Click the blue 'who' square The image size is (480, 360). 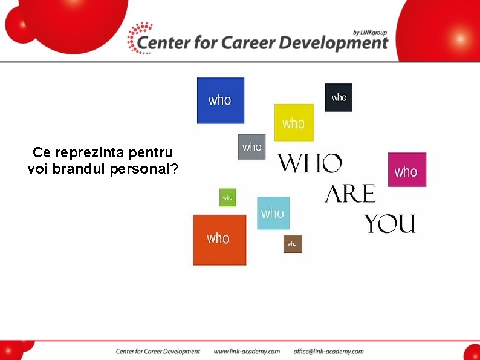(221, 100)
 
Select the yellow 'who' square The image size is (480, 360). (294, 123)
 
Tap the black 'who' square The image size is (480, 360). (339, 97)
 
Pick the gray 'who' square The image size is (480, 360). (251, 147)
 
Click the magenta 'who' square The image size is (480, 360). (407, 170)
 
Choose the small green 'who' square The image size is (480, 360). (227, 197)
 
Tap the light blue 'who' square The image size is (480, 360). (273, 213)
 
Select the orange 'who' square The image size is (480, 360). (219, 240)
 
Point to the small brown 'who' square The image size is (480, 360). (293, 244)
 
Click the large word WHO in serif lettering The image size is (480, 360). (310, 163)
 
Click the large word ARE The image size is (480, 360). (350, 194)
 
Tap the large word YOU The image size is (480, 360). (390, 224)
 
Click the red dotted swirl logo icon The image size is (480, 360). (140, 38)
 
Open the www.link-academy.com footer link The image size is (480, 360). (247, 352)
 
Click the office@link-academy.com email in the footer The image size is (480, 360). (328, 352)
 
